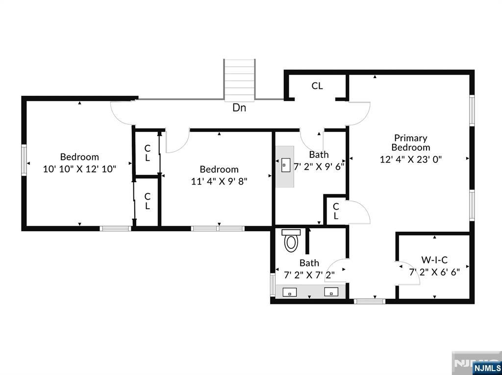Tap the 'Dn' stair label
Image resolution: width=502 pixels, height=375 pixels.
[239, 108]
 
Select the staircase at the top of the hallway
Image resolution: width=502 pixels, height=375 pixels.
[240, 79]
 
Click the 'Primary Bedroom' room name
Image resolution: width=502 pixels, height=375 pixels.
[411, 143]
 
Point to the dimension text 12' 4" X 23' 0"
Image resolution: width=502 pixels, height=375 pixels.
[411, 159]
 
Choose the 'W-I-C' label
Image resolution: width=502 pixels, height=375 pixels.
[434, 260]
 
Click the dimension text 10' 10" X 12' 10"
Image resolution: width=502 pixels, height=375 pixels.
[79, 169]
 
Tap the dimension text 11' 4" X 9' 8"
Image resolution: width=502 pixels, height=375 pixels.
[219, 181]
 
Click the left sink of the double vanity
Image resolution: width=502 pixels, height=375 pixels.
[291, 292]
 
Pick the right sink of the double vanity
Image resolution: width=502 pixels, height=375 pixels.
[331, 292]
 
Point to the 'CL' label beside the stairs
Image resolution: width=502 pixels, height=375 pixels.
[317, 86]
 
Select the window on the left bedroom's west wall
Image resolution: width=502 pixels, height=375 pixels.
[24, 160]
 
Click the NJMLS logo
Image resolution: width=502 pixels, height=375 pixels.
[486, 368]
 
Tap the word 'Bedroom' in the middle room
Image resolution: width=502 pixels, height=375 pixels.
[219, 169]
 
